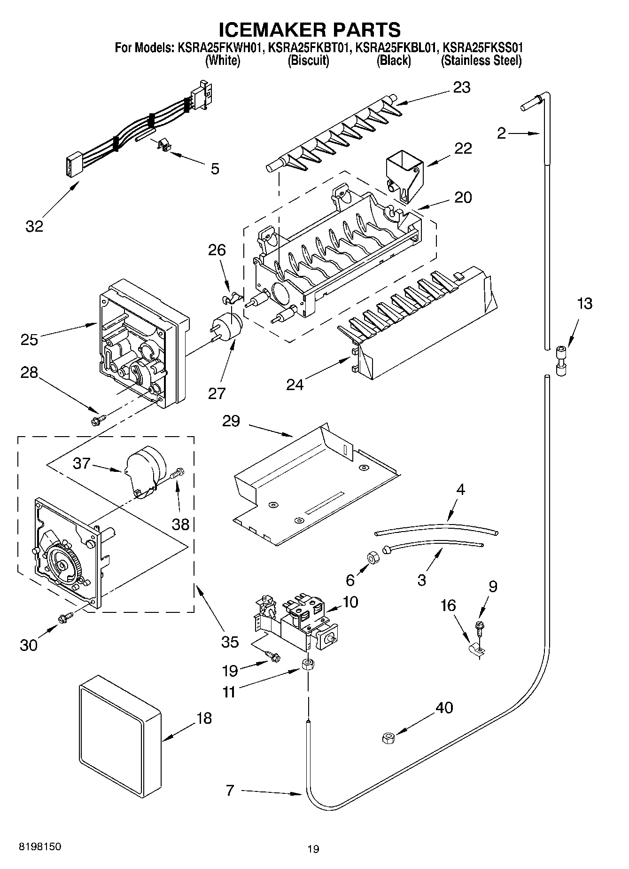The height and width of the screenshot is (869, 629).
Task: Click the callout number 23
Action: pyautogui.click(x=461, y=87)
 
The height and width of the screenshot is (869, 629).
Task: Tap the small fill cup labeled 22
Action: pyautogui.click(x=404, y=175)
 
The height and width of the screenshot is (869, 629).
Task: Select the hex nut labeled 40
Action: pyautogui.click(x=388, y=738)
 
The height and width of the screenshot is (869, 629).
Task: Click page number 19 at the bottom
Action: pyautogui.click(x=313, y=849)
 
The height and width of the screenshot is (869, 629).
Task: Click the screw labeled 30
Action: pyautogui.click(x=64, y=618)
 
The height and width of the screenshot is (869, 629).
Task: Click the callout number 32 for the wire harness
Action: pyautogui.click(x=34, y=226)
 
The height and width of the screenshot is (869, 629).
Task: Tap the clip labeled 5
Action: pyautogui.click(x=163, y=146)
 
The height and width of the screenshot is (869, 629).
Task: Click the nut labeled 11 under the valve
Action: pyautogui.click(x=308, y=665)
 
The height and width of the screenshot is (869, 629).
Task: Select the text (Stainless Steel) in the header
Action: pyautogui.click(x=481, y=60)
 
